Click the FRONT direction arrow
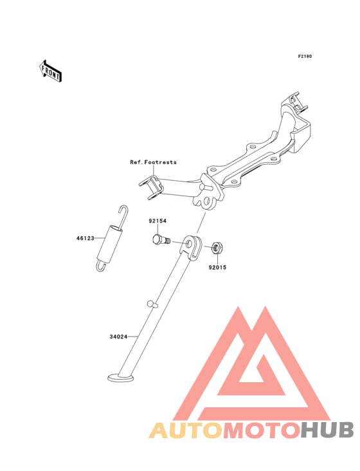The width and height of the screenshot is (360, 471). tap(50, 71)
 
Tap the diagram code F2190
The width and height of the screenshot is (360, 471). tap(305, 56)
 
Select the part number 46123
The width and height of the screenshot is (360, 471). tap(85, 238)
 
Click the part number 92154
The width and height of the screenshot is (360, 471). tap(157, 221)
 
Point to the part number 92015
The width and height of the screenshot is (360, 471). tap(217, 267)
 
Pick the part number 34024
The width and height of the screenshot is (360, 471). tap(118, 337)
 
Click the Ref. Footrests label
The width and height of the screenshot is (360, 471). tap(153, 162)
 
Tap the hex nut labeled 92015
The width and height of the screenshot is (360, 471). tap(217, 248)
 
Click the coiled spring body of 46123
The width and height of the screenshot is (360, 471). tap(110, 243)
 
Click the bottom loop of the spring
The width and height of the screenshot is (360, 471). tap(101, 266)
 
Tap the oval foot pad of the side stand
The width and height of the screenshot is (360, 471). tap(121, 378)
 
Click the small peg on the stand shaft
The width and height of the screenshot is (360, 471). tap(152, 304)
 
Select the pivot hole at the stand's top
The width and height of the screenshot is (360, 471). tap(189, 243)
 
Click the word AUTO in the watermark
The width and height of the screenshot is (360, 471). tap(186, 430)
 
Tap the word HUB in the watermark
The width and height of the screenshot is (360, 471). tap(327, 430)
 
